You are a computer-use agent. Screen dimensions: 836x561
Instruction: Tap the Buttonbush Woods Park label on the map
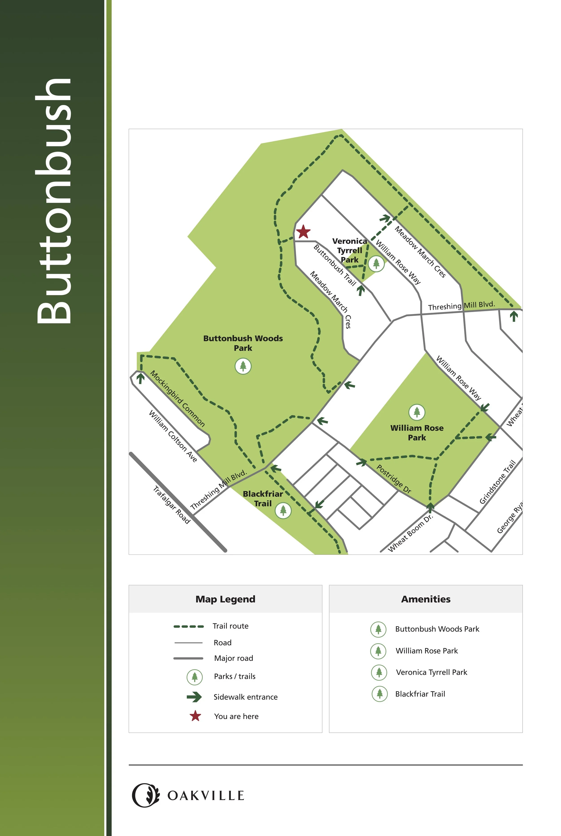click(x=243, y=343)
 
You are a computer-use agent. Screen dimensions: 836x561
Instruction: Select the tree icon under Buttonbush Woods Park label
click(x=243, y=366)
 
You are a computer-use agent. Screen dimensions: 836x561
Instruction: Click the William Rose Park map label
click(x=417, y=432)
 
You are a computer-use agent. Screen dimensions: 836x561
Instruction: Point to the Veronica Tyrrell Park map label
click(x=350, y=250)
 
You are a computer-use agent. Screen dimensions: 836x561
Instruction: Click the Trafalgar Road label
click(x=172, y=505)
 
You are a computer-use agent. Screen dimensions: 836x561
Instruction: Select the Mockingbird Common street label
click(x=178, y=399)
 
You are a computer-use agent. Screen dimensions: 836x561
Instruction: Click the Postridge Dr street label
click(x=394, y=479)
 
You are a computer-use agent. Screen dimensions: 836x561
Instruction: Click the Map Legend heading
click(x=225, y=599)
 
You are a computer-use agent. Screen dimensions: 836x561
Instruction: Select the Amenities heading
click(x=426, y=599)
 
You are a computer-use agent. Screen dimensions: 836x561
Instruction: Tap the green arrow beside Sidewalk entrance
click(x=194, y=697)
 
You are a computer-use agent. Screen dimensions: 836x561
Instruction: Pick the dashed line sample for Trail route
click(x=188, y=627)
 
